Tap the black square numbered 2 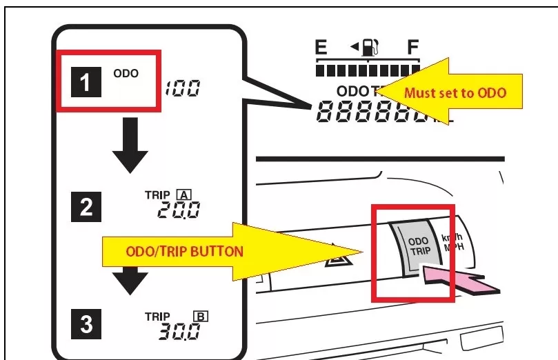click(86, 206)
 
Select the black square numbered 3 click(86, 324)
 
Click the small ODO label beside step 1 click(126, 72)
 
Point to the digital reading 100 click(183, 88)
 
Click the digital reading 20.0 click(179, 210)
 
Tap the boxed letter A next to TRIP click(184, 194)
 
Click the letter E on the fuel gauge click(321, 48)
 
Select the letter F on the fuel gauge click(412, 48)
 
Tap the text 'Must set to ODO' click(455, 92)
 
